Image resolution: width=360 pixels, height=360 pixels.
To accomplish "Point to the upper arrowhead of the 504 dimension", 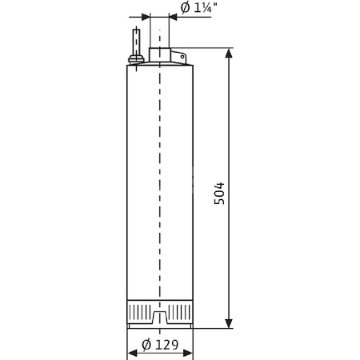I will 230,54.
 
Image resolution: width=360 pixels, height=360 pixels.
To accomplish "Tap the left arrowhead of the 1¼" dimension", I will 146,16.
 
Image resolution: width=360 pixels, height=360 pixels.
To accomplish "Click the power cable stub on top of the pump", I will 137,40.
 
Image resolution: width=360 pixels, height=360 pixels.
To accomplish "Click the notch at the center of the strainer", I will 160,319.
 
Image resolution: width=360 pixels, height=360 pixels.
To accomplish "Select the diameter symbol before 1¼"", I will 186,9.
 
